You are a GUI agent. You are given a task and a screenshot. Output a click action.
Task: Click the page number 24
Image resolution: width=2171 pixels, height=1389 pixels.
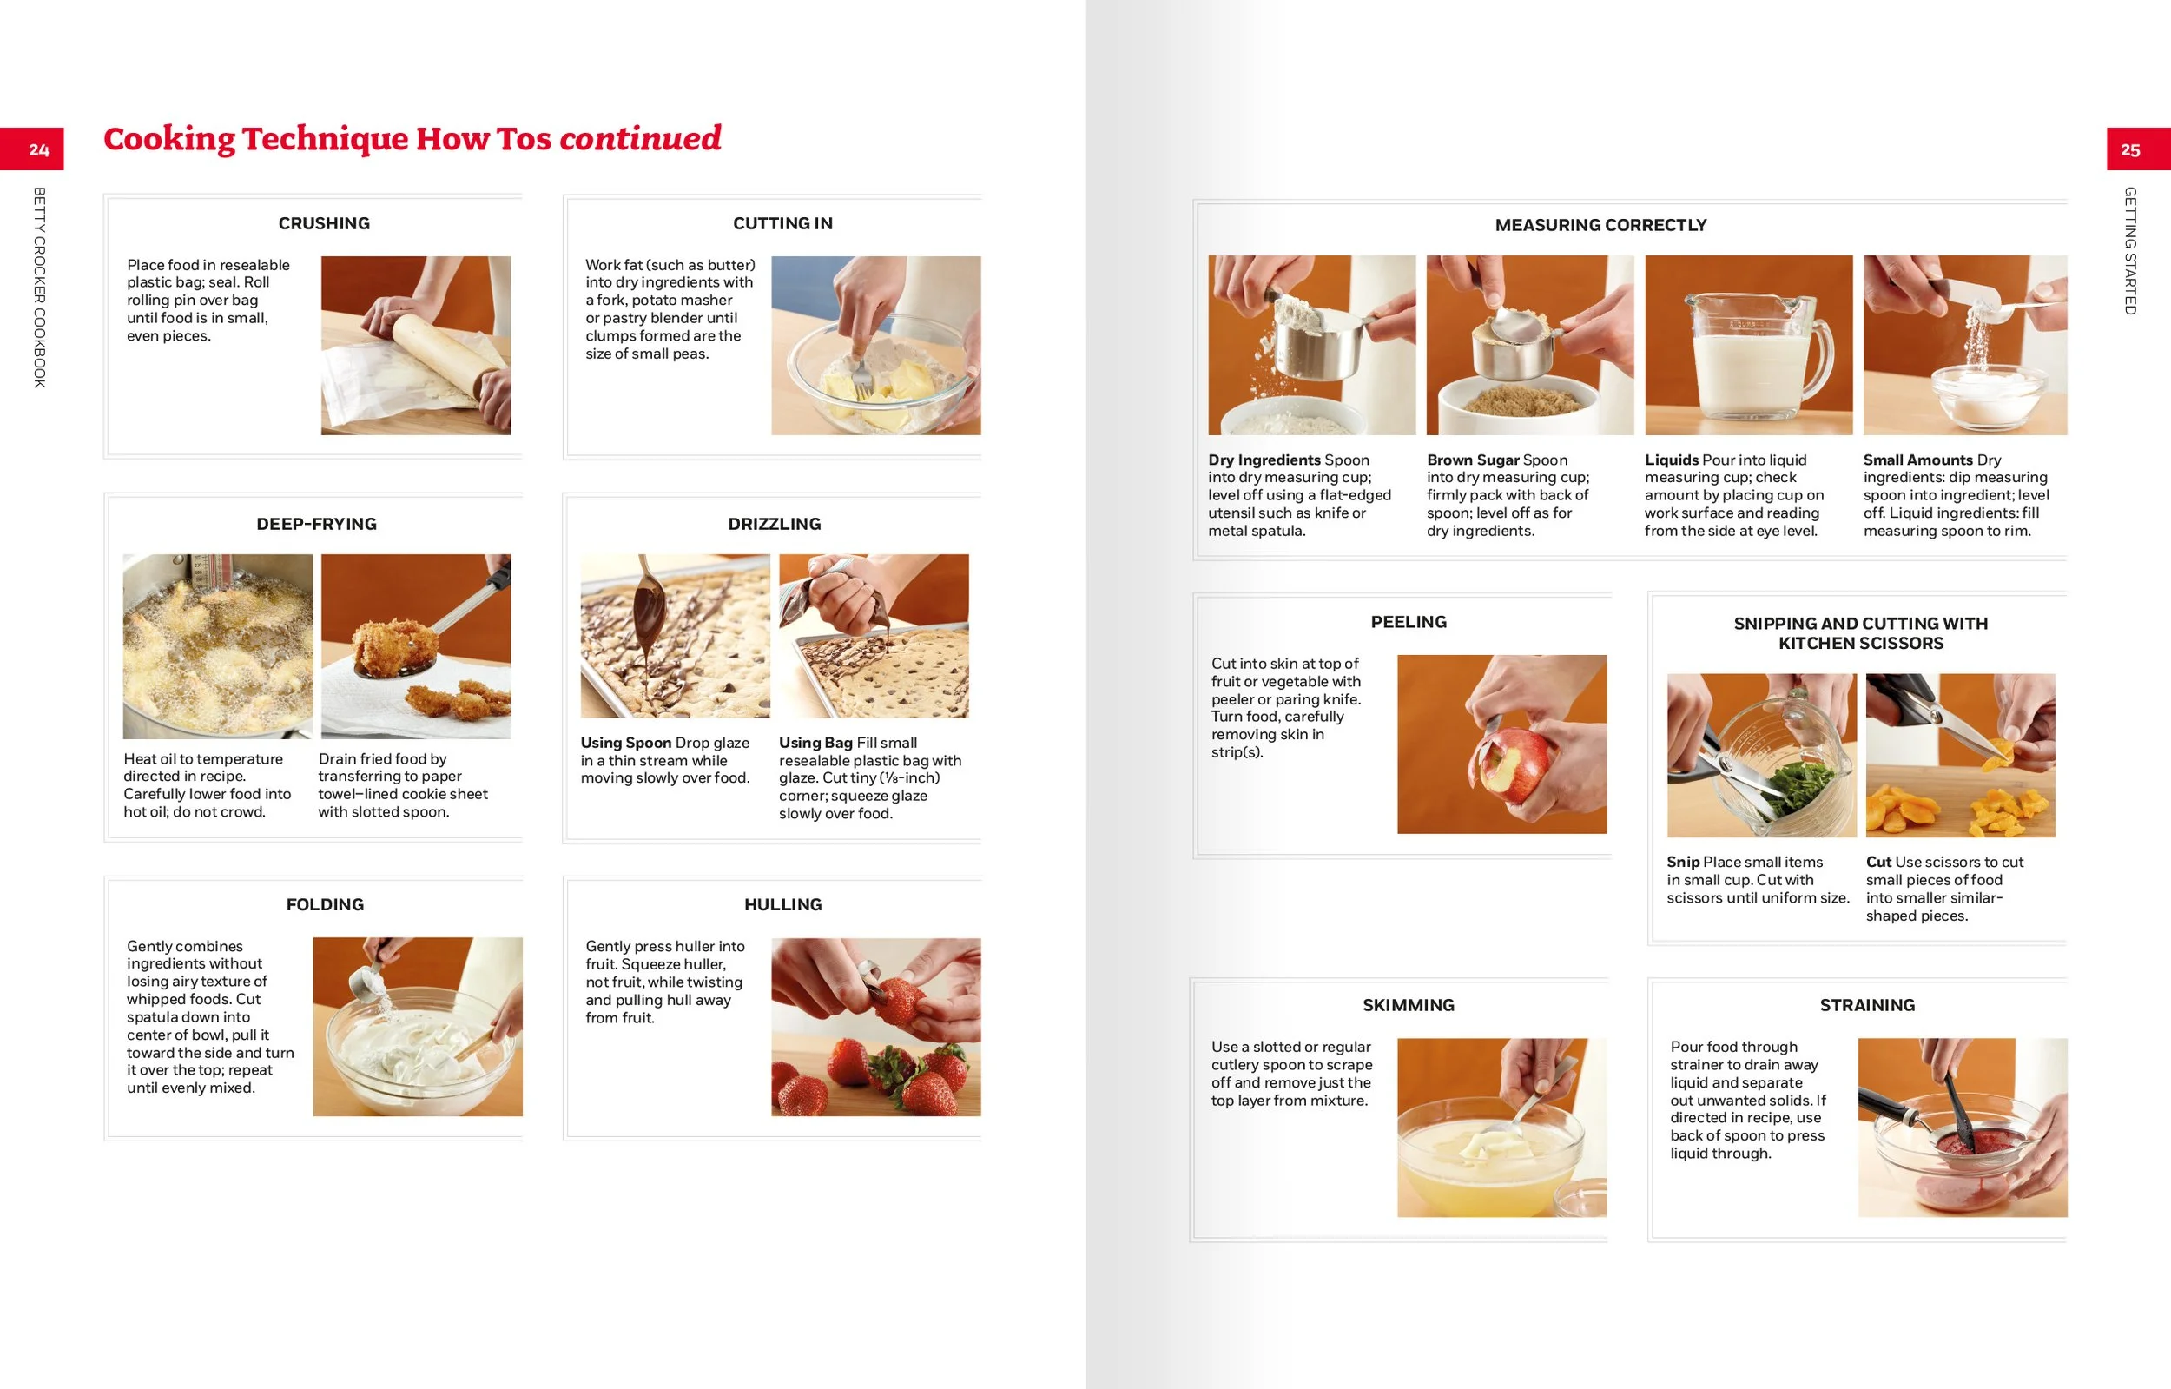(x=39, y=149)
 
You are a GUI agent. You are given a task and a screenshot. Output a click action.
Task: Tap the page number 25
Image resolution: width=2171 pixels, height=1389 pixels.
(x=2129, y=149)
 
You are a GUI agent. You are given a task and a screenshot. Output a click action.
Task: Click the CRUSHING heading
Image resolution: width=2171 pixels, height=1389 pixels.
(x=324, y=222)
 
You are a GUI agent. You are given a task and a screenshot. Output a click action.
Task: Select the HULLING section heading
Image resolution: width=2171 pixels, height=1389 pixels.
(x=782, y=903)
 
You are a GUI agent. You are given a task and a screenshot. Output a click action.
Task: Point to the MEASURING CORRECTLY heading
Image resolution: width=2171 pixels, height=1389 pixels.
(x=1600, y=225)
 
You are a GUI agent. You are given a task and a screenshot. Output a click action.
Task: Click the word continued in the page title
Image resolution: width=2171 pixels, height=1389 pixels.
(x=640, y=138)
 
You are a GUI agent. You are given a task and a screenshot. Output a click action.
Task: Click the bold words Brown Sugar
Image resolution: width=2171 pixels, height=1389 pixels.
(x=1473, y=460)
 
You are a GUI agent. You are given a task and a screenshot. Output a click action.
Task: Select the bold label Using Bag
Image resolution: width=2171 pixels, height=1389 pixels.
(x=815, y=743)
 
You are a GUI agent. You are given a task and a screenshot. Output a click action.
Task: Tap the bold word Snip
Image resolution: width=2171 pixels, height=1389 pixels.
(x=1682, y=862)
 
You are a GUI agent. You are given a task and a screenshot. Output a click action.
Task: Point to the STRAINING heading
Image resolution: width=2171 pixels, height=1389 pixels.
(x=1866, y=1005)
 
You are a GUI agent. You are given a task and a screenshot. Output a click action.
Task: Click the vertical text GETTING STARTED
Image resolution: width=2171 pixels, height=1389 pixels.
(x=2129, y=251)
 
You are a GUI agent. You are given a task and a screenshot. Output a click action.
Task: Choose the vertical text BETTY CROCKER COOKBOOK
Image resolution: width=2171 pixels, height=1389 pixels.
(x=39, y=287)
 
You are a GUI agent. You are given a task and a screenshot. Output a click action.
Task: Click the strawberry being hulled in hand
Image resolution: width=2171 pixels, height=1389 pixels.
(x=901, y=1002)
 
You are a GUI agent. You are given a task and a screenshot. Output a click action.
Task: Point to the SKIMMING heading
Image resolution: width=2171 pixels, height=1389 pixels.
(x=1409, y=1005)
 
